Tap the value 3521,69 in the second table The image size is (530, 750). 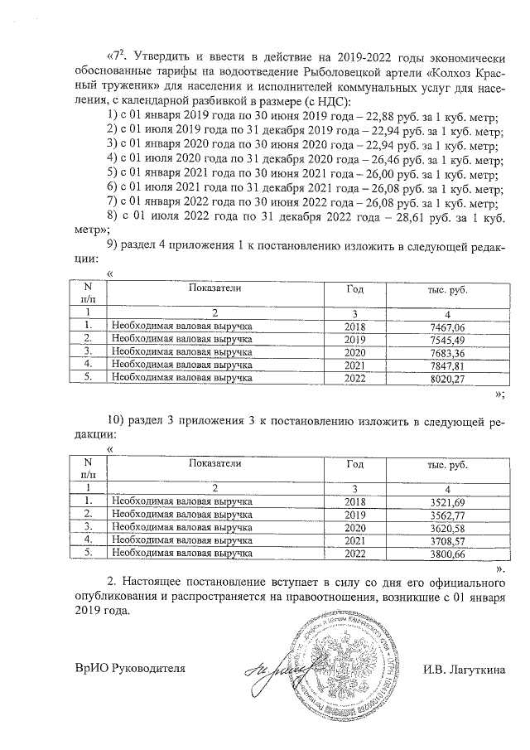pos(447,502)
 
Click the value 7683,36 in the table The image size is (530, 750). pos(447,352)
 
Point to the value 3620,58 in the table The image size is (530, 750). pos(447,527)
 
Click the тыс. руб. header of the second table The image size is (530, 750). pos(447,467)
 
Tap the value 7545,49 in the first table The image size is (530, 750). pos(447,340)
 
